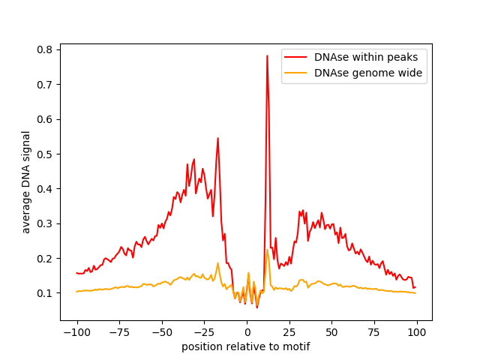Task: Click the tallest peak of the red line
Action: click(267, 56)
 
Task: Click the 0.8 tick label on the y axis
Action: click(44, 49)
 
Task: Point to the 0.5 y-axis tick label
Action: click(44, 154)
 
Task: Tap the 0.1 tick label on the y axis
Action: click(44, 293)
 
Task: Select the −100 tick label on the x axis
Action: click(76, 332)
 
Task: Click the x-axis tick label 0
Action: click(247, 332)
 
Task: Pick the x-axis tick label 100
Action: click(417, 332)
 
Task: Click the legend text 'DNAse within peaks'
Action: click(366, 57)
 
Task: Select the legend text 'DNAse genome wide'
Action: click(368, 73)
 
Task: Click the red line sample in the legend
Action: click(295, 57)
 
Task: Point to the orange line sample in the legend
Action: click(295, 73)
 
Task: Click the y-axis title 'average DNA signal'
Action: click(25, 182)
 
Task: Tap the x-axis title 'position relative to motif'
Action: click(246, 346)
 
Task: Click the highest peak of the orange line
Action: click(267, 250)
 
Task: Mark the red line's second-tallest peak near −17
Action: click(218, 138)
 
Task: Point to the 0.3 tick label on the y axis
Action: click(44, 223)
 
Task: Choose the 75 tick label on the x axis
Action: click(374, 332)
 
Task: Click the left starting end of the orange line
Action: click(76, 292)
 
